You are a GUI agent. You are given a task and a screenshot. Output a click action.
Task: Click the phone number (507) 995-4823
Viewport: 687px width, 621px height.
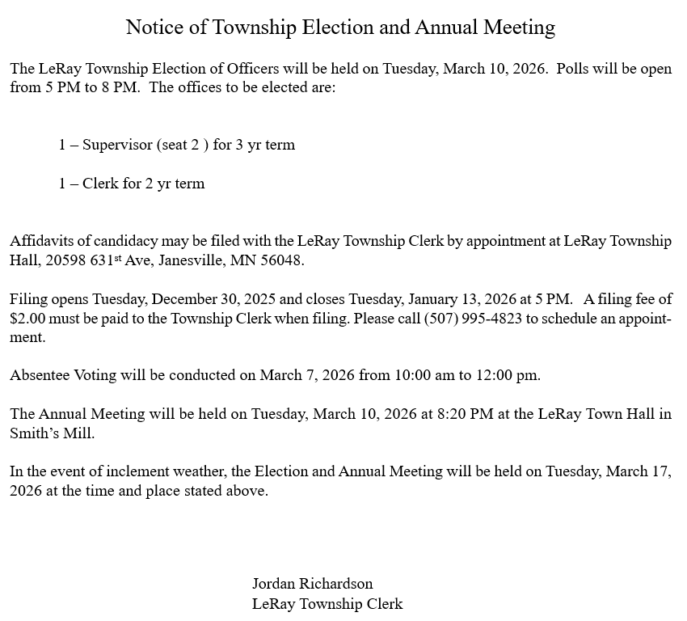(473, 319)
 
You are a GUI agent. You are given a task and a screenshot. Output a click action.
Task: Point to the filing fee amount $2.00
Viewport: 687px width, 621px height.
(27, 319)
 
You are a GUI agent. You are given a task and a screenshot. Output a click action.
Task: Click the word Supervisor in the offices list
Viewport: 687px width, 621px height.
(118, 146)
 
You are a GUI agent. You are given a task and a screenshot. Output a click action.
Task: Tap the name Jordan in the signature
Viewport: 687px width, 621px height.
(275, 584)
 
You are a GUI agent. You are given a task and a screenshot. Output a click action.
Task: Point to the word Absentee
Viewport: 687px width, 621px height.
(40, 375)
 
